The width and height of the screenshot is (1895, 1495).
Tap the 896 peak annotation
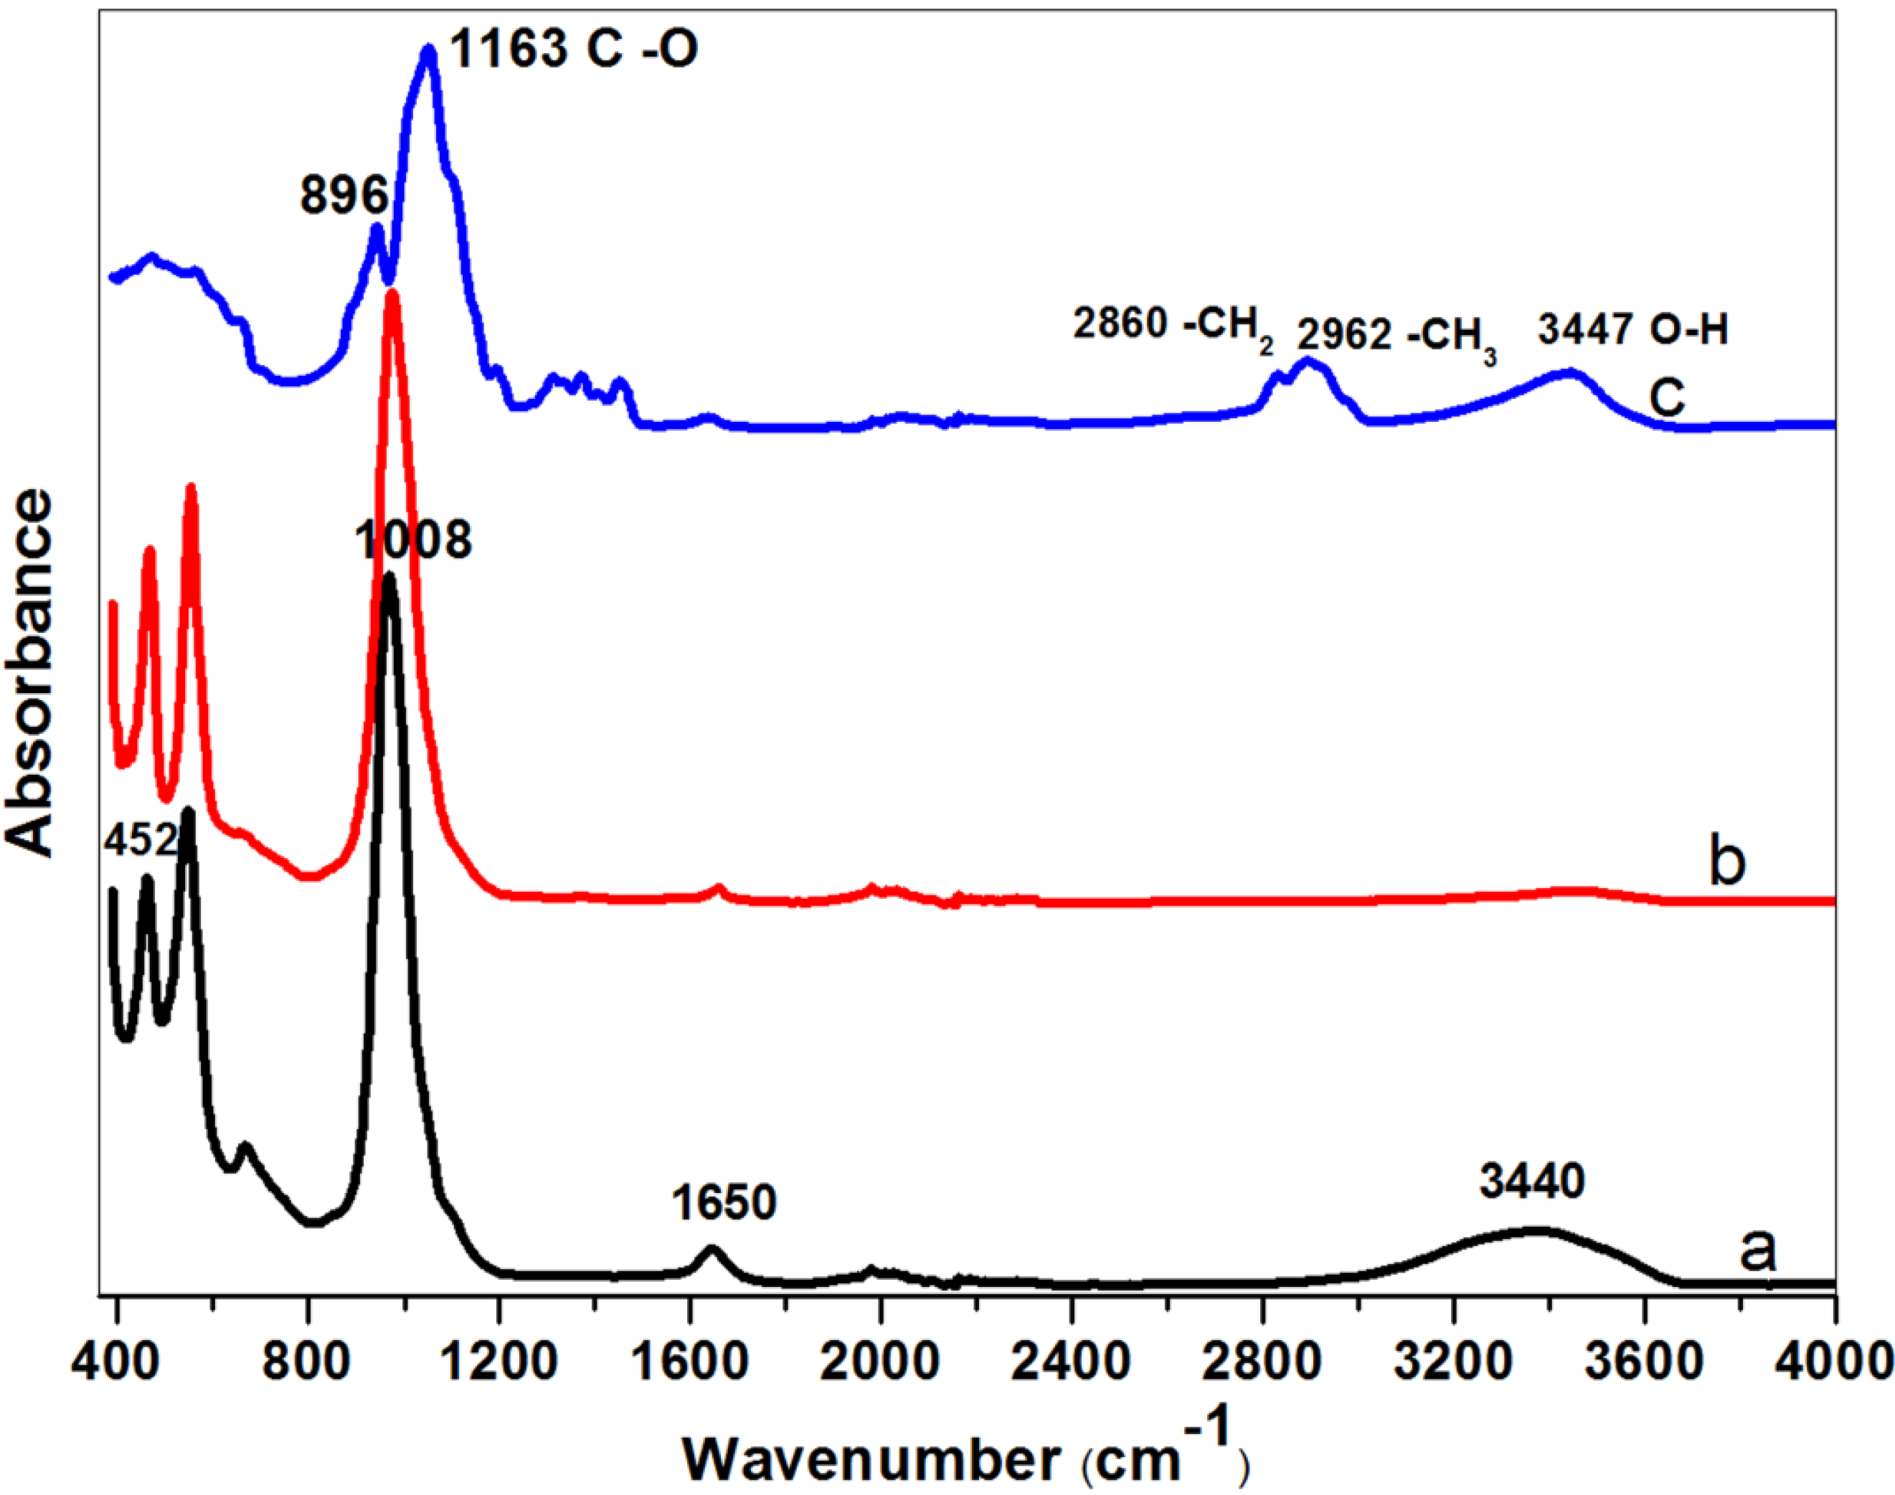click(343, 194)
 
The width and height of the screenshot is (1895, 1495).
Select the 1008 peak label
click(412, 539)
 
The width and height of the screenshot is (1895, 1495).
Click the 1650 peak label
click(724, 1202)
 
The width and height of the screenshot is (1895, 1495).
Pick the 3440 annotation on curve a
click(1532, 1182)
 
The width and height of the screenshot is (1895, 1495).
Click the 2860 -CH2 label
click(1173, 329)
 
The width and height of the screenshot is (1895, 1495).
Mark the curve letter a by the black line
click(1757, 1250)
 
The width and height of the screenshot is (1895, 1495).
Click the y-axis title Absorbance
click(31, 672)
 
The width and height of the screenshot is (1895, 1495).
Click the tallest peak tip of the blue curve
click(428, 52)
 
